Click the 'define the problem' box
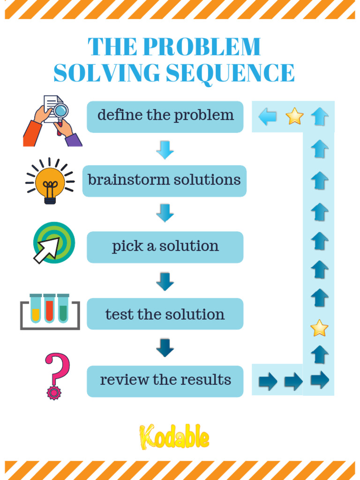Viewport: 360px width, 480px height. coord(165,116)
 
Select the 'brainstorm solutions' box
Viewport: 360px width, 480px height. coord(164,180)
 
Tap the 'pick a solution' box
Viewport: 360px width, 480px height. coord(165,247)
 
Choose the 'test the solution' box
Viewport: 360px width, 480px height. coord(165,314)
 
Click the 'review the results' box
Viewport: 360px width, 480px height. coord(165,381)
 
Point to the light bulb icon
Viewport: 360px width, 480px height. coord(50,182)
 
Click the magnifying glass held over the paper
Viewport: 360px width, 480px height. coord(60,112)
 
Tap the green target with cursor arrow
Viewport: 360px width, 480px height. coord(53,242)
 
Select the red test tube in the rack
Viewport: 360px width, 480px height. coord(49,309)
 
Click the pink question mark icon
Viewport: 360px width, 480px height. coord(57,375)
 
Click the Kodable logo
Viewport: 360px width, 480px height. coord(174,437)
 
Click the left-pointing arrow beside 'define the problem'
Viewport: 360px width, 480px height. coord(268,116)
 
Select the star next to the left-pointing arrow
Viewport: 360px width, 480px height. coord(294,116)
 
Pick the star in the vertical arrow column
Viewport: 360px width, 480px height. coord(319,328)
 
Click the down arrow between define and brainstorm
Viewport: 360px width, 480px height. coord(165,150)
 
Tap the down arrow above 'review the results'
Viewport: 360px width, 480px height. coord(165,348)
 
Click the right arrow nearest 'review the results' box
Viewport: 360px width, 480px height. coord(268,381)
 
